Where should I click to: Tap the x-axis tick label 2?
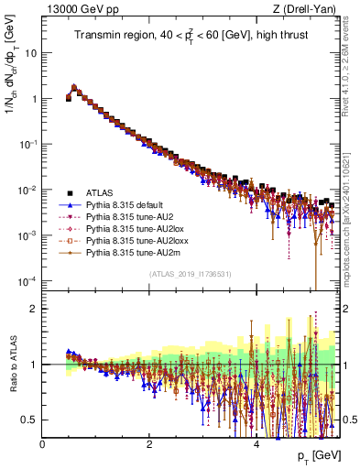point(149,442)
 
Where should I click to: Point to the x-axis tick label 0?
point(42,442)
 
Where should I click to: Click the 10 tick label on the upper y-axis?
point(29,53)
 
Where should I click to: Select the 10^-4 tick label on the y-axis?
point(27,280)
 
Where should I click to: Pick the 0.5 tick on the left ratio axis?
point(29,420)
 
